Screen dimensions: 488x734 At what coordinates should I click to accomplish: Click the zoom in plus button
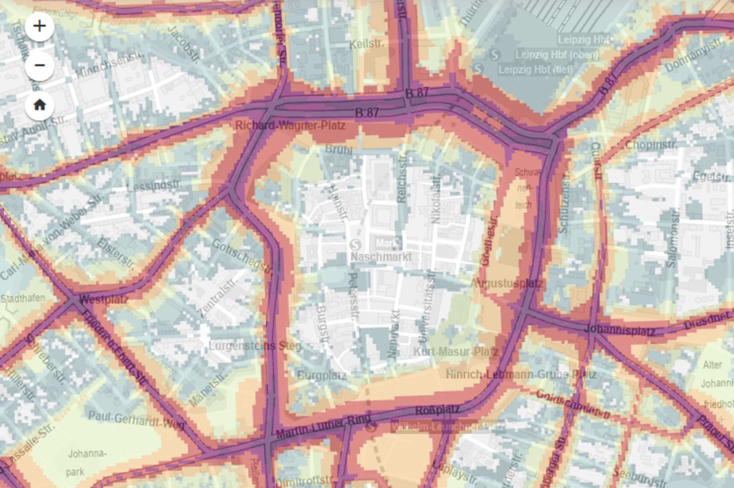click(39, 26)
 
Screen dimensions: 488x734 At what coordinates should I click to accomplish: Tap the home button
click(39, 106)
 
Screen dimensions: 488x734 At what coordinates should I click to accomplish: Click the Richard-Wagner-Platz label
click(290, 126)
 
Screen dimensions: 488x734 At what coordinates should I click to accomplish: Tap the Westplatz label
click(104, 300)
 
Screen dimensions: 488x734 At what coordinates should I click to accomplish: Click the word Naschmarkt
click(381, 257)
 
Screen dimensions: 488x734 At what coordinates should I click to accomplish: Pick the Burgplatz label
click(322, 376)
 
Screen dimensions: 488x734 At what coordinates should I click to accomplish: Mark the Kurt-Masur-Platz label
click(456, 352)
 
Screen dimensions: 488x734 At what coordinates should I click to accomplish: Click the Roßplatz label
click(438, 411)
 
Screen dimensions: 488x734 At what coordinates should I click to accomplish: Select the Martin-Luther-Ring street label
click(323, 427)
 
